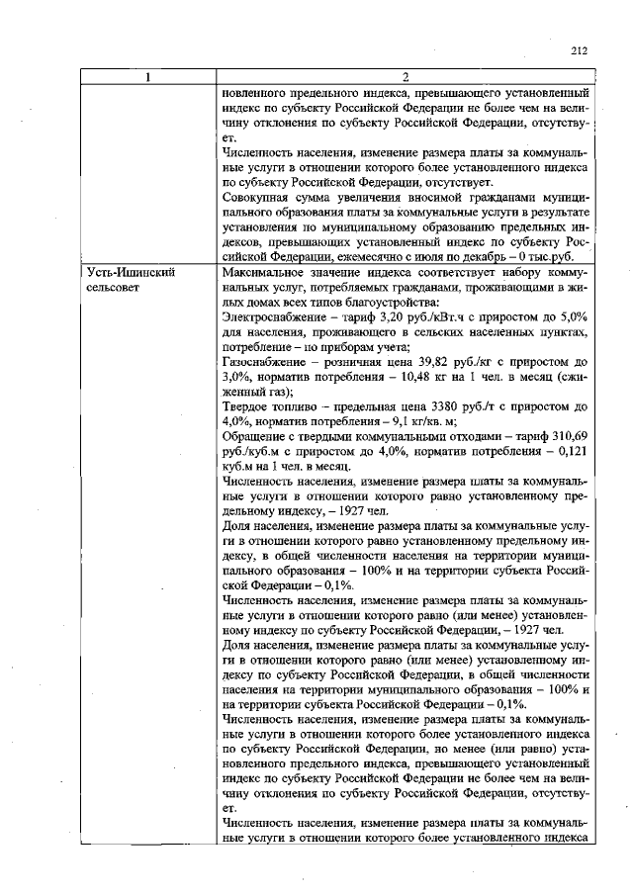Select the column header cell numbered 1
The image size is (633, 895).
point(148,78)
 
